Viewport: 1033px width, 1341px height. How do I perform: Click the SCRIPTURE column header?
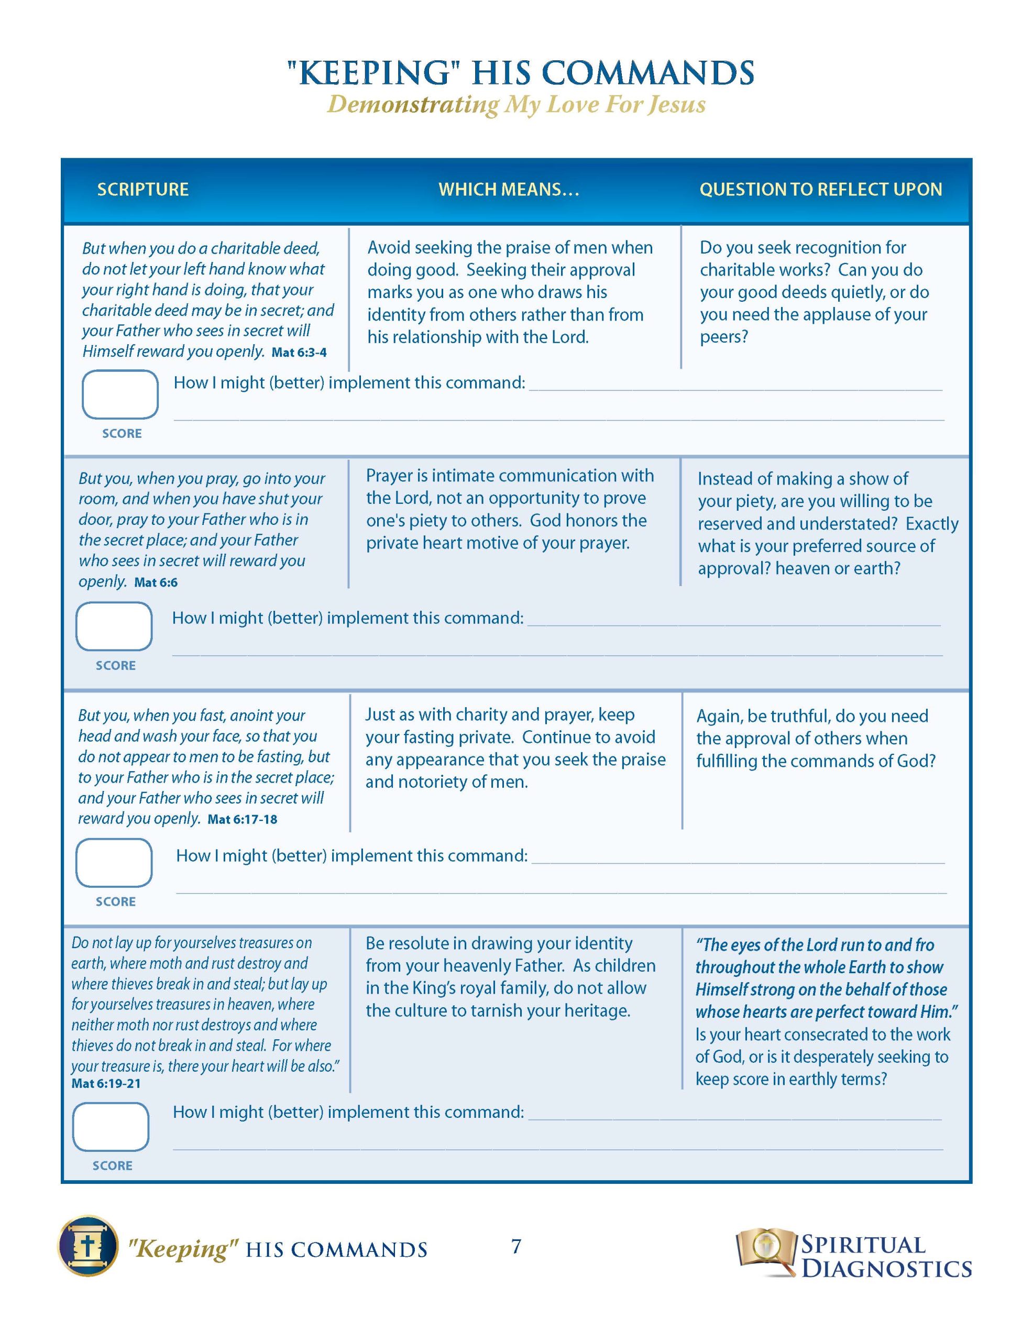tap(142, 189)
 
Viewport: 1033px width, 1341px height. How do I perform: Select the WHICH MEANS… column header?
tap(509, 189)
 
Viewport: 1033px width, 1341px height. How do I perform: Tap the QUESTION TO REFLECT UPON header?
tap(820, 189)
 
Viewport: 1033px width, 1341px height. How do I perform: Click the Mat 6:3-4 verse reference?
tap(299, 353)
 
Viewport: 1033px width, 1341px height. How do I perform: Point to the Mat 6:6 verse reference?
tap(156, 582)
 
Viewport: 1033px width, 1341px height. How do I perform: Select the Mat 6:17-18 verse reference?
tap(243, 820)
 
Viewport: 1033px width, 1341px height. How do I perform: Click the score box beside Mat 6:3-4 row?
tap(120, 394)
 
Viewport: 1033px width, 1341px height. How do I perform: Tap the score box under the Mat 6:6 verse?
tap(114, 626)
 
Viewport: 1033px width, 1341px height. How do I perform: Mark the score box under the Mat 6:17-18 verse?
tap(114, 863)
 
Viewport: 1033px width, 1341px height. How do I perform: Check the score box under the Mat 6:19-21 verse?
tap(111, 1127)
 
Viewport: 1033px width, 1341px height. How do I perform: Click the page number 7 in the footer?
tap(516, 1246)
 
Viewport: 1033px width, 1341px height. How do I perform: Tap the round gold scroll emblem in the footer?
tap(88, 1246)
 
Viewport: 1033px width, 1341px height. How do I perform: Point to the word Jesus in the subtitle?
tap(677, 104)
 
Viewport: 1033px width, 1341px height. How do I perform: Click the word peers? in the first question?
tap(723, 337)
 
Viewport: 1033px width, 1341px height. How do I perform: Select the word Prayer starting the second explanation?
tap(389, 476)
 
